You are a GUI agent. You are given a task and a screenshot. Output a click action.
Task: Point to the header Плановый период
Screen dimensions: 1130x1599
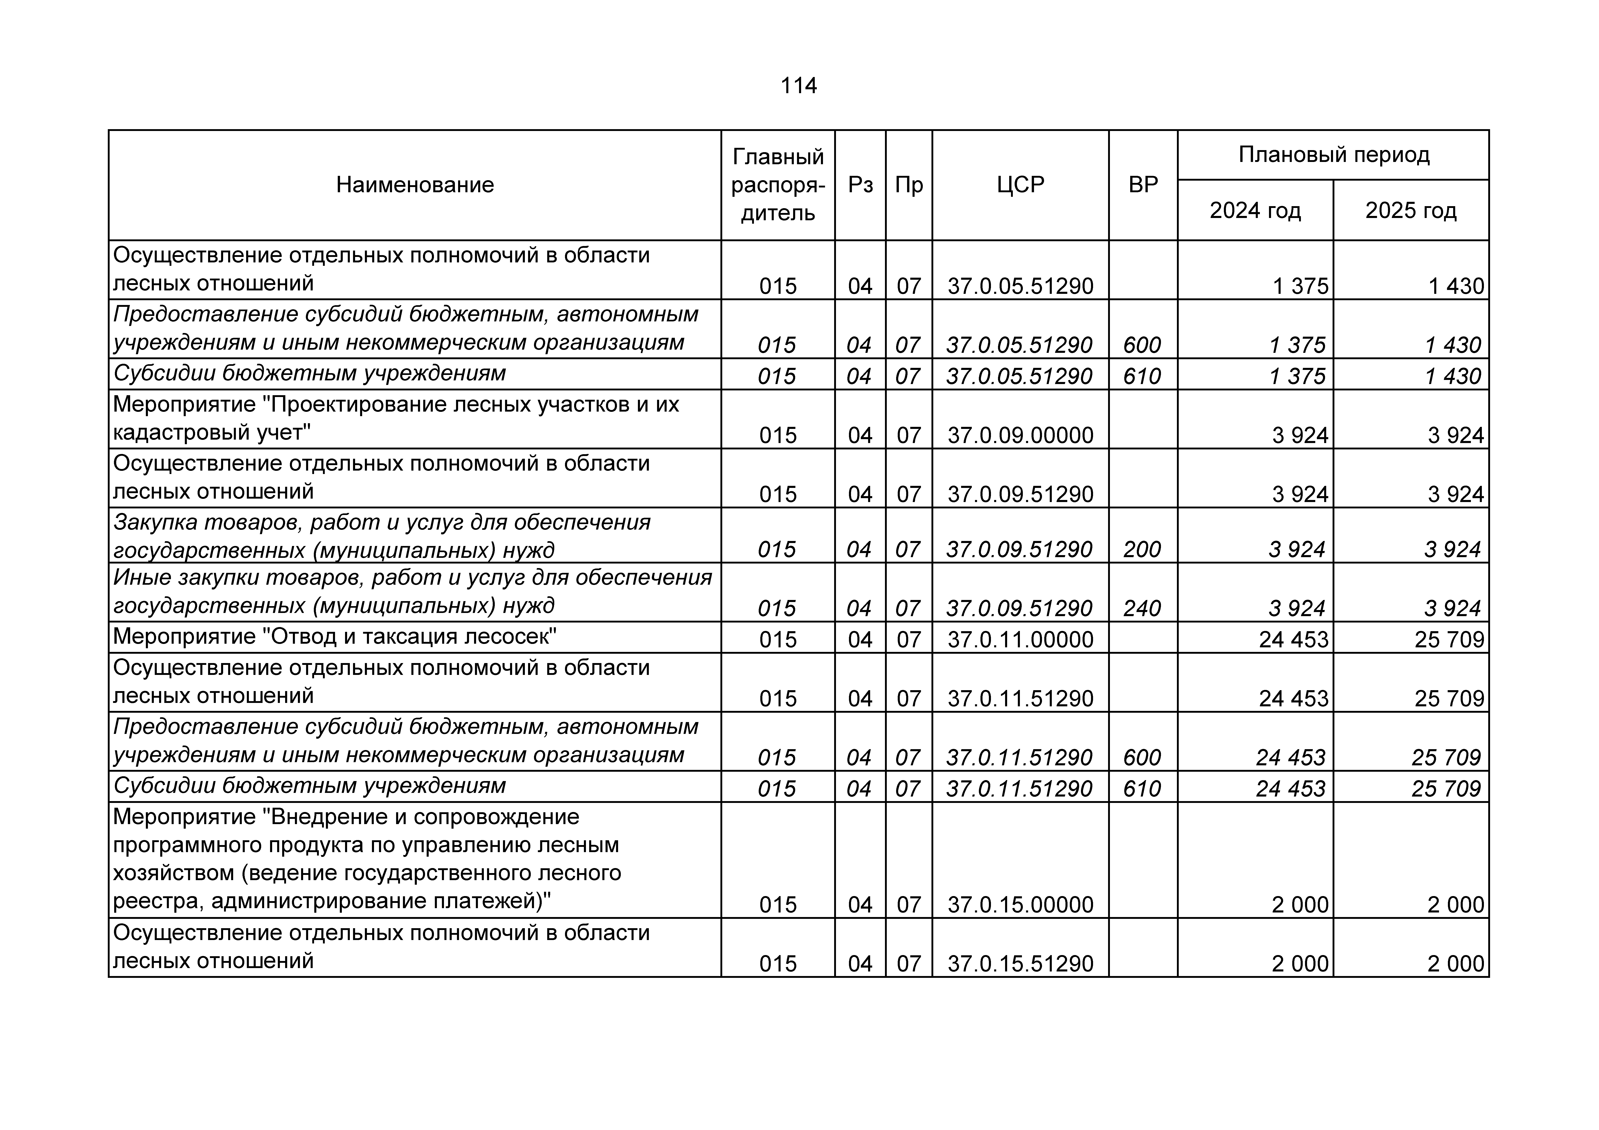coord(1333,155)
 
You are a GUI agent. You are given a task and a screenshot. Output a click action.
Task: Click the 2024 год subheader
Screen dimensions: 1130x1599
coord(1255,210)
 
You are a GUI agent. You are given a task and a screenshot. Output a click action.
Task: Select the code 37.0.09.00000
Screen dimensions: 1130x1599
coord(1020,435)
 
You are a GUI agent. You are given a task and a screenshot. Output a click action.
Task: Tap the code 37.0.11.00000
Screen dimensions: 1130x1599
coord(1020,639)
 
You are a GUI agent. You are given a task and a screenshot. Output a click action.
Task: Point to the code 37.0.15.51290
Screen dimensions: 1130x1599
coord(1020,963)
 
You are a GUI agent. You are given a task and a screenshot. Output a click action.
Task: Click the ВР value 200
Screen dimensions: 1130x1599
coord(1142,549)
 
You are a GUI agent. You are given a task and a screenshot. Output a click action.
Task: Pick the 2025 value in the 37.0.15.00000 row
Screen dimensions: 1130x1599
coord(1456,905)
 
